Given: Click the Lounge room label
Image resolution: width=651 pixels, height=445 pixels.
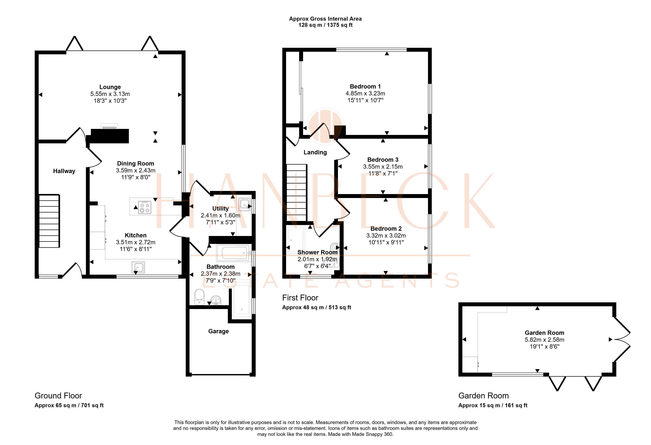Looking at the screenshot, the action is (x=110, y=87).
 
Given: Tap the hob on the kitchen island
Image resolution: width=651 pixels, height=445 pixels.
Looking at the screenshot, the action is (x=144, y=207).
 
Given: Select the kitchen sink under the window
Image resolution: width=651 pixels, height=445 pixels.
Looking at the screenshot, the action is (x=138, y=267).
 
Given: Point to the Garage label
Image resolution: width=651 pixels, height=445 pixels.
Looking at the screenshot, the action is (x=219, y=331).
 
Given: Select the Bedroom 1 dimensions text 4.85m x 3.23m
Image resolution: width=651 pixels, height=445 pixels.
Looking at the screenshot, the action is (x=365, y=93).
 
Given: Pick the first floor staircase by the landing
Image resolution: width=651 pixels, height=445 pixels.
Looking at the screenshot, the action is (x=296, y=193).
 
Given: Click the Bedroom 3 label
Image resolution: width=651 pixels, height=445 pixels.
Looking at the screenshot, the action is (x=383, y=160).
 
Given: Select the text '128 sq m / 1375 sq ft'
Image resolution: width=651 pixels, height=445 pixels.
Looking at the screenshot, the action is (x=325, y=25).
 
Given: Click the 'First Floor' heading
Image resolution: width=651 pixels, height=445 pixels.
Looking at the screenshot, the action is (x=300, y=298).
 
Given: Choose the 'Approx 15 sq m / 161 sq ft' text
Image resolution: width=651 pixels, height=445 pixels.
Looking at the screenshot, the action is (x=493, y=405).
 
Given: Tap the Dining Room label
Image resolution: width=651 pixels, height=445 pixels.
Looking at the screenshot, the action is (x=136, y=163).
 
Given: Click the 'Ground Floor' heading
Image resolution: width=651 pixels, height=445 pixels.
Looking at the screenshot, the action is (x=58, y=396).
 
